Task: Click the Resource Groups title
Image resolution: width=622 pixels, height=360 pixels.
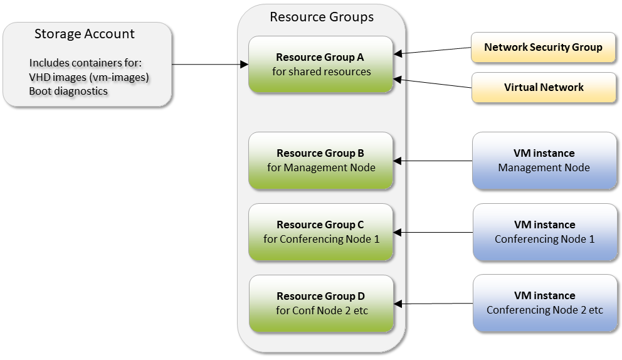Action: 322,17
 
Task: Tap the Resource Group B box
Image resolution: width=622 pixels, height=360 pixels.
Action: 321,161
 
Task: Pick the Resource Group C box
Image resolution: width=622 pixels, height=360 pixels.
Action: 321,232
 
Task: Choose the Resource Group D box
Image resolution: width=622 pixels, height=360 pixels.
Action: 321,304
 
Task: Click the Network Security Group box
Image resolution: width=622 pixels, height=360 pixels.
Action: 543,48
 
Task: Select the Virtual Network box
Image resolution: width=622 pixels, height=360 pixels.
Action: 543,88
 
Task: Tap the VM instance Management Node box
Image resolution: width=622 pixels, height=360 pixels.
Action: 544,161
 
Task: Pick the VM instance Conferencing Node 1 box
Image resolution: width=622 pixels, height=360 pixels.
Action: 544,232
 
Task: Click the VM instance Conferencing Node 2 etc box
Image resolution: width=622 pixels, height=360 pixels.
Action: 544,304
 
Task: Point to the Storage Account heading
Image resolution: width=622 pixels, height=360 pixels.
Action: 85,34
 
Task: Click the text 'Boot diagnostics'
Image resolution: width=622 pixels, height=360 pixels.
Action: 68,91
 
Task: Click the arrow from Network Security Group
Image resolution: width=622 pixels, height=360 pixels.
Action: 433,51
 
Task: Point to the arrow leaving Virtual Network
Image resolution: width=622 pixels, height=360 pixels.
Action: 433,83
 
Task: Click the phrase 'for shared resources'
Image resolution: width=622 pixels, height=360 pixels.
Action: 321,71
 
